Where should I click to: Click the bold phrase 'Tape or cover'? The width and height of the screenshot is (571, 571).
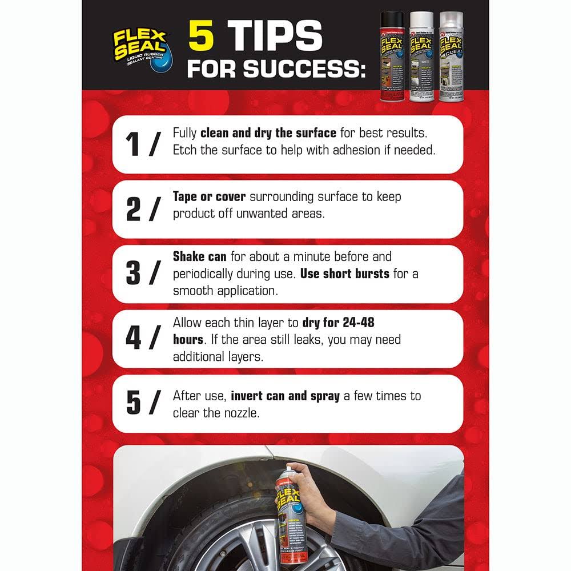209,196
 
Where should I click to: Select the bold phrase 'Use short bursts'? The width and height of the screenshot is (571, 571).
344,274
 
